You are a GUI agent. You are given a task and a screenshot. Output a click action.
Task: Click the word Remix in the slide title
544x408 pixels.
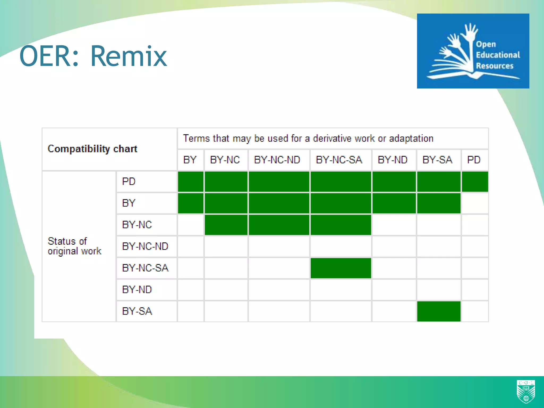tap(129, 56)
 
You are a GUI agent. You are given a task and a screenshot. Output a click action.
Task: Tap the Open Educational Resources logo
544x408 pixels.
tap(473, 51)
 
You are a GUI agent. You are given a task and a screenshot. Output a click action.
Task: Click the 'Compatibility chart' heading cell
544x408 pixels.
tap(92, 149)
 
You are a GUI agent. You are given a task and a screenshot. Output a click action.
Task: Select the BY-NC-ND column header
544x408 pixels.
tap(277, 160)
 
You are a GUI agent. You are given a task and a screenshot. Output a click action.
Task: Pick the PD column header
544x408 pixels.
tap(474, 160)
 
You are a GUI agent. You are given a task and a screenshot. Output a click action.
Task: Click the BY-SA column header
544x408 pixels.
tap(437, 160)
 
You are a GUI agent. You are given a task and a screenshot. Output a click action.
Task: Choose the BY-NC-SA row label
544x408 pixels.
tap(145, 268)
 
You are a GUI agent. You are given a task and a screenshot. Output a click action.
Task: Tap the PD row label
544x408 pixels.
tap(129, 182)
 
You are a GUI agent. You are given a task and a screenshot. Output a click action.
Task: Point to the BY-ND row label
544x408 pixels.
tap(137, 290)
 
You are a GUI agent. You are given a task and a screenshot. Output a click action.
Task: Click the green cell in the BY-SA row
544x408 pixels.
tap(439, 311)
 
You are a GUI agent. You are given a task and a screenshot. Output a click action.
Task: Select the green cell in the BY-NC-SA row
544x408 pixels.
tap(341, 268)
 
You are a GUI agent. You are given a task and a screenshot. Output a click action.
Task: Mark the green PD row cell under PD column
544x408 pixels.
tap(475, 182)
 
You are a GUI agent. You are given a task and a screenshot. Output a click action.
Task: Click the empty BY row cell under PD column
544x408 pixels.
tap(475, 203)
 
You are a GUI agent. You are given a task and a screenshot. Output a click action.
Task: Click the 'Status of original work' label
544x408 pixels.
tap(74, 246)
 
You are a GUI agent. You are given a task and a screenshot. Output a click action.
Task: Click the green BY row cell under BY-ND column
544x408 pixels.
tap(394, 203)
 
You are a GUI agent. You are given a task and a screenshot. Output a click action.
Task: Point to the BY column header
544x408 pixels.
tap(190, 160)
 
